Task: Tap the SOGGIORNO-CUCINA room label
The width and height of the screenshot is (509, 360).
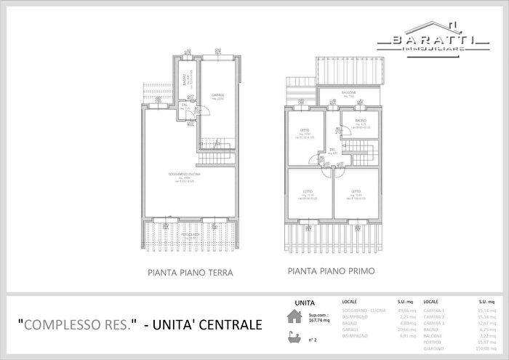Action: [x=189, y=175]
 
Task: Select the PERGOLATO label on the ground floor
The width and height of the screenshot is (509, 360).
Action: [x=191, y=235]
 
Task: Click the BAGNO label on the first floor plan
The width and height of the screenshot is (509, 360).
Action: [x=361, y=120]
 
